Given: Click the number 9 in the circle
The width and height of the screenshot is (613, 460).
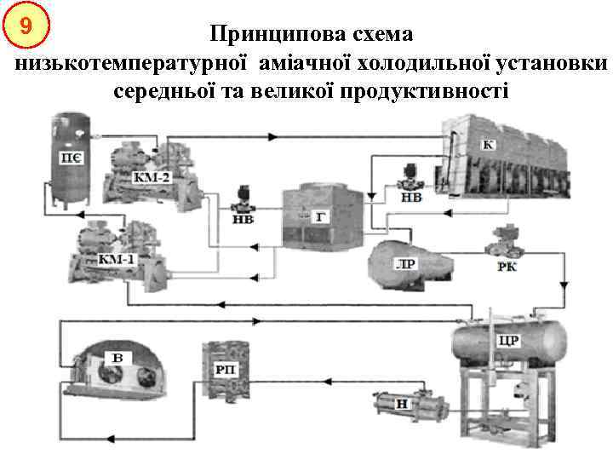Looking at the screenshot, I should point(26,26).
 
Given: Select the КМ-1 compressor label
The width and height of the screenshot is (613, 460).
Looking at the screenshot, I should point(117,258).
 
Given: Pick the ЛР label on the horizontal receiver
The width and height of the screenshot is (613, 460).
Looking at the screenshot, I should point(406,263).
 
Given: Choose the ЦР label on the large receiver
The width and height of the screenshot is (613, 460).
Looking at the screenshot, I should point(507,341).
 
